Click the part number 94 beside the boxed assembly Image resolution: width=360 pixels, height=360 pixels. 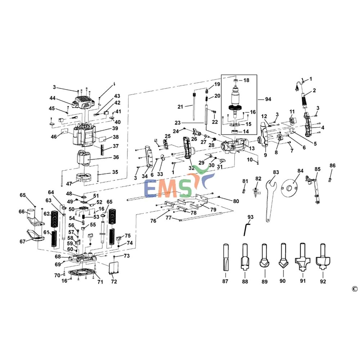[268, 99]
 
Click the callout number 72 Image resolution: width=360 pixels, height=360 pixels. [114, 282]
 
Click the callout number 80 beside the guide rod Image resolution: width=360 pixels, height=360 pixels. [236, 201]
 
